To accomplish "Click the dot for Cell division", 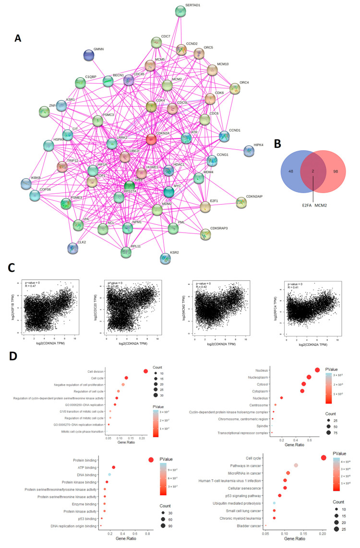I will pos(145,371).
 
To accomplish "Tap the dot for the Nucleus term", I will pos(317,370).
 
